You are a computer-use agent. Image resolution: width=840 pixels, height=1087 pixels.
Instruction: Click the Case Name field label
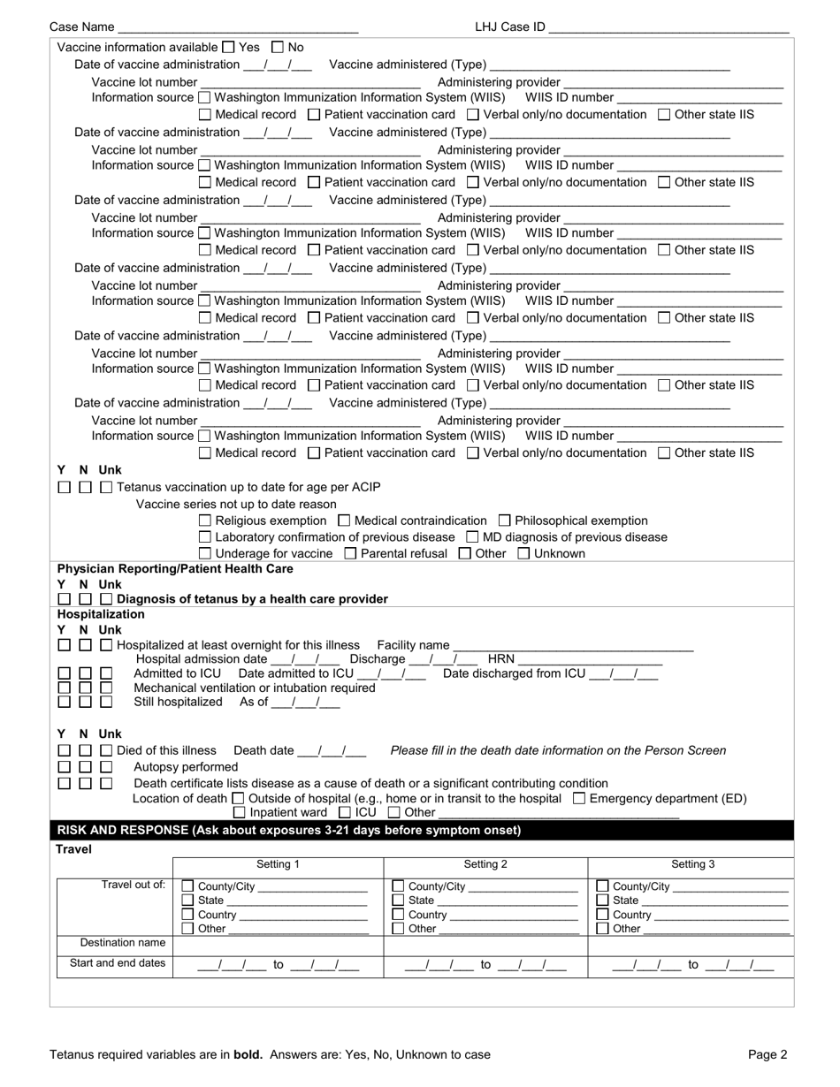[x=81, y=27]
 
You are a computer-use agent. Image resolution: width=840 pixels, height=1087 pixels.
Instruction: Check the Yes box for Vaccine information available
[x=228, y=48]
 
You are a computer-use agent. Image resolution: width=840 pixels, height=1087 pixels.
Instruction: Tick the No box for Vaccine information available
[x=278, y=48]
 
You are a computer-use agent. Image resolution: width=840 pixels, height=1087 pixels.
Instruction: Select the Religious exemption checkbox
[x=205, y=521]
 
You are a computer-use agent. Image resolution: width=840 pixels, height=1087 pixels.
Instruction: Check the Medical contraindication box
[x=345, y=521]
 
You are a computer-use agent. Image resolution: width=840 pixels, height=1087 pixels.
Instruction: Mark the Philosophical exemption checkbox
[x=505, y=521]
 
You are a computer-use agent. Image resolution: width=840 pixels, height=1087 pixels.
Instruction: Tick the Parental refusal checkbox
[x=349, y=554]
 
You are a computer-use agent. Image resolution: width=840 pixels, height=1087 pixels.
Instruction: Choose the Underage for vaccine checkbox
[x=205, y=554]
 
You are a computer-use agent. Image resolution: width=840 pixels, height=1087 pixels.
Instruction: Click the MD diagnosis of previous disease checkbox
[x=472, y=537]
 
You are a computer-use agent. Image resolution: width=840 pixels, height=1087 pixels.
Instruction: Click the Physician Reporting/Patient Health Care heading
[x=175, y=569]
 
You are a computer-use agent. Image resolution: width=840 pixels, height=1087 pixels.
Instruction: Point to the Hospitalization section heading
[x=101, y=614]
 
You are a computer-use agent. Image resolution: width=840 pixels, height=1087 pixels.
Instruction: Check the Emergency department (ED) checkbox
[x=579, y=799]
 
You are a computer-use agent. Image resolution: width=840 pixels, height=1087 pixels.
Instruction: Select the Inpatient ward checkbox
[x=240, y=813]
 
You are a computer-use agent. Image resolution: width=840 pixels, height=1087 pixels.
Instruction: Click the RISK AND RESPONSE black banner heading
[x=289, y=831]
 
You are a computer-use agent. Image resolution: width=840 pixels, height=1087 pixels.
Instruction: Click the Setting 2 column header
[x=485, y=865]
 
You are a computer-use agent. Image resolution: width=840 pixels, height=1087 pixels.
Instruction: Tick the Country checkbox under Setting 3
[x=603, y=915]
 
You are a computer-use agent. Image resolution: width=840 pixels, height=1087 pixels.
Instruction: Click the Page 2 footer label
[x=767, y=1054]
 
